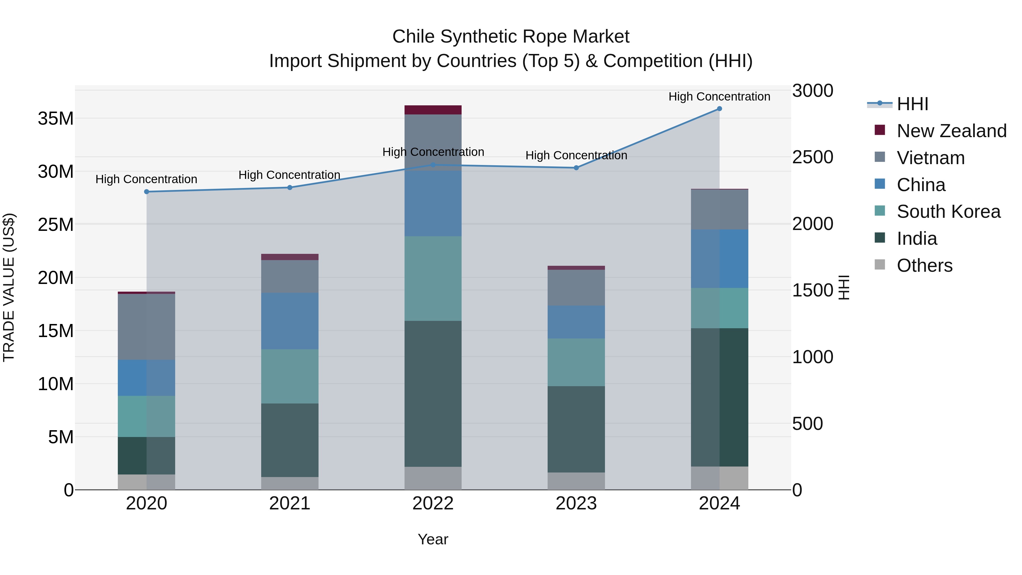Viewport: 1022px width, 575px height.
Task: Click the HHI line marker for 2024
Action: click(x=719, y=109)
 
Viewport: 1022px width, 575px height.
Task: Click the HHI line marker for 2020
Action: click(x=146, y=192)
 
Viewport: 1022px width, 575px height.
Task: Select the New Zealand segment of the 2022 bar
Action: click(x=433, y=110)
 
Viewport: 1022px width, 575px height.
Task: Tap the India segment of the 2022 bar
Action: click(x=433, y=394)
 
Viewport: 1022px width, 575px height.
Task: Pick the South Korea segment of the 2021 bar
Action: click(x=290, y=376)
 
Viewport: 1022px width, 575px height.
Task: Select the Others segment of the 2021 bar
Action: click(x=290, y=483)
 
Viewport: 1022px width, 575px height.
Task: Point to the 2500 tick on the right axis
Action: click(x=812, y=157)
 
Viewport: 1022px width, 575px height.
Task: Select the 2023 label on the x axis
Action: click(x=576, y=503)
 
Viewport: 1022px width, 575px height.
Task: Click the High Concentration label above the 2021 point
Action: click(x=289, y=175)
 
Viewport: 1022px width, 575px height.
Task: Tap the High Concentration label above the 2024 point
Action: click(x=719, y=97)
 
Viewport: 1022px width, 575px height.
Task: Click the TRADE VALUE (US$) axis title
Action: click(x=9, y=287)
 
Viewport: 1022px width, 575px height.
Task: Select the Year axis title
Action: click(x=433, y=539)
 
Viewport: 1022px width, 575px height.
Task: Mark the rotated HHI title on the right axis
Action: click(x=844, y=287)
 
